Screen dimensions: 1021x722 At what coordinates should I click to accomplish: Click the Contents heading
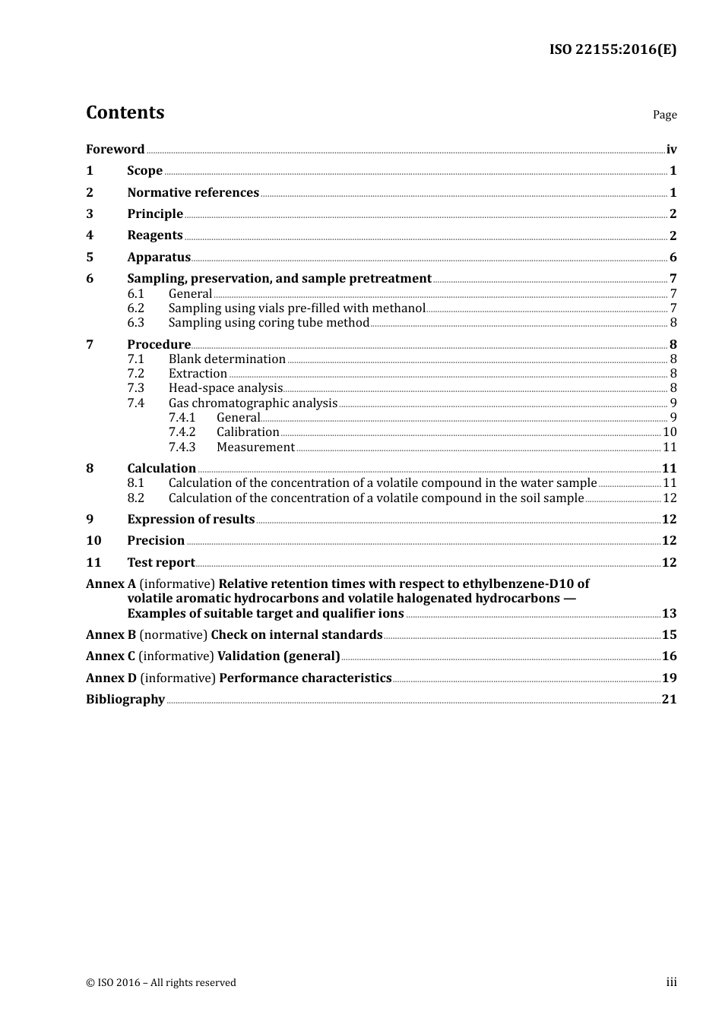tap(125, 112)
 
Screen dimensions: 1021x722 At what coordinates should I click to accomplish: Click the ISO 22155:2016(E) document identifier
tap(613, 50)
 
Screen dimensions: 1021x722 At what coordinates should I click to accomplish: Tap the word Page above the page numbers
tap(664, 115)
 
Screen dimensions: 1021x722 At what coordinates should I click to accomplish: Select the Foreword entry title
tap(115, 150)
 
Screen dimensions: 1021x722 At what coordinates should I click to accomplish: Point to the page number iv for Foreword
tap(671, 150)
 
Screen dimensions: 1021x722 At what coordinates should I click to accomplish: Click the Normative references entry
tap(193, 193)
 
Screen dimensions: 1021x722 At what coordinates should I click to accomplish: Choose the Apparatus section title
tap(159, 258)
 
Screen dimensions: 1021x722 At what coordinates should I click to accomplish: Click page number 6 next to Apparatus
tap(673, 258)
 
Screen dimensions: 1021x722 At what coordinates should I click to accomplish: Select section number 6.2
tap(135, 308)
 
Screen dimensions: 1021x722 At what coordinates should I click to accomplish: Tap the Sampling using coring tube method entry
tap(268, 323)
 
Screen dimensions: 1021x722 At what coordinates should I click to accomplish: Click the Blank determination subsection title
tap(226, 359)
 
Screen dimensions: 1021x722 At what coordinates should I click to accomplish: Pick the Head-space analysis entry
tap(225, 388)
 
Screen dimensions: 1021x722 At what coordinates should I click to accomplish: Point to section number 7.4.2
tap(182, 432)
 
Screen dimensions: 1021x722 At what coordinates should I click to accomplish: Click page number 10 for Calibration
tap(670, 432)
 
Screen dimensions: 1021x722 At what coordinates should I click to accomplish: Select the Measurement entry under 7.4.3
tap(255, 447)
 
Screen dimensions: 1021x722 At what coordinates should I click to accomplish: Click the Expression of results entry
tap(191, 520)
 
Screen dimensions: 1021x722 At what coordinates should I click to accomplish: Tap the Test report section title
tap(160, 563)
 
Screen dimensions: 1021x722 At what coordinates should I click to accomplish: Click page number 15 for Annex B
tap(669, 635)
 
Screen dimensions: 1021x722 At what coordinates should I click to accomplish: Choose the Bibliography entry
tap(125, 700)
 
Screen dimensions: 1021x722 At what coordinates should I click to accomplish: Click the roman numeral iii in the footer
tap(671, 982)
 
